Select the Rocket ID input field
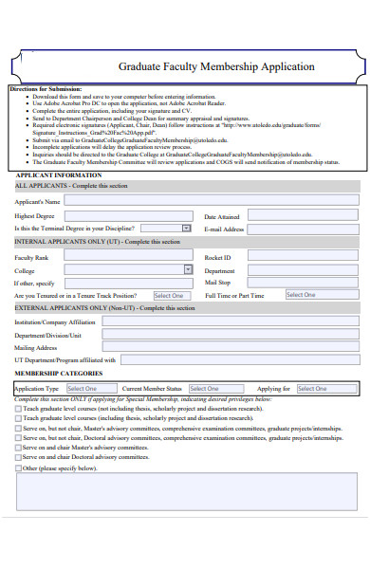[x=305, y=257]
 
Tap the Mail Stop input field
[x=305, y=283]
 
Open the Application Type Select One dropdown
[x=91, y=389]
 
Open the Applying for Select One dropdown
[x=324, y=389]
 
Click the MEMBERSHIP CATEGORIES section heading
[x=52, y=376]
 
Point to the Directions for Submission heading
[x=46, y=89]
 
